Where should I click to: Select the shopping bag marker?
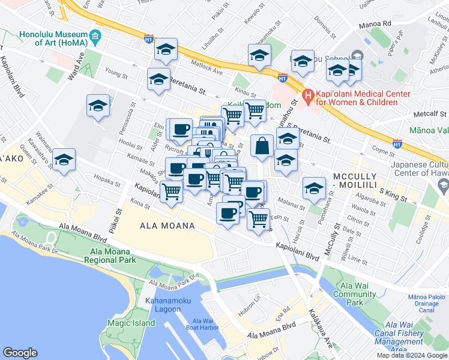coord(262,146)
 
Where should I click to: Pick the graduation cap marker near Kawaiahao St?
coord(64,160)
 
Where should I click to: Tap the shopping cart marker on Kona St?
coord(172,191)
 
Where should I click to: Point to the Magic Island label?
coord(131,323)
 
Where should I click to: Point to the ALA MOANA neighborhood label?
coord(167,226)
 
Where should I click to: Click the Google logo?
coord(20,353)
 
